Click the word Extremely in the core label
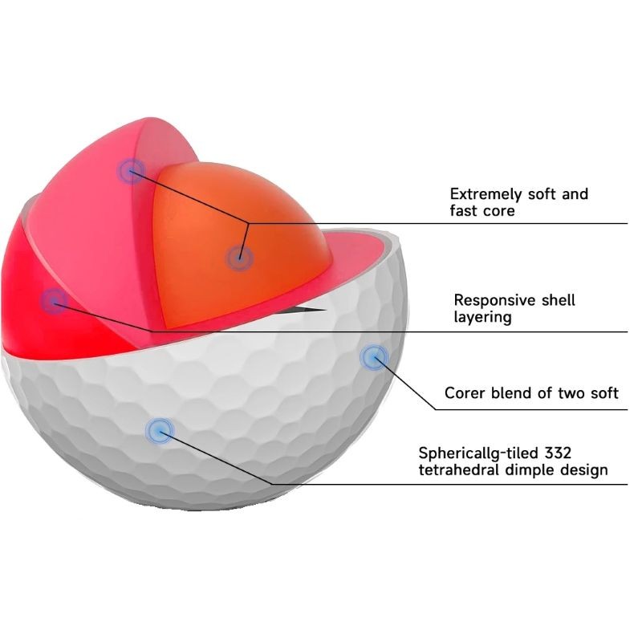click(486, 194)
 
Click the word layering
click(483, 318)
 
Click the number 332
click(558, 453)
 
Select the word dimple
click(530, 470)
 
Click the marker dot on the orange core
click(240, 258)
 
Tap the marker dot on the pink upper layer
click(131, 171)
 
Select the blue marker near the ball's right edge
click(374, 358)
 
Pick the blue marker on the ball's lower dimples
click(160, 431)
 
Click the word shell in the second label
click(558, 300)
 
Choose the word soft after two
click(603, 393)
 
